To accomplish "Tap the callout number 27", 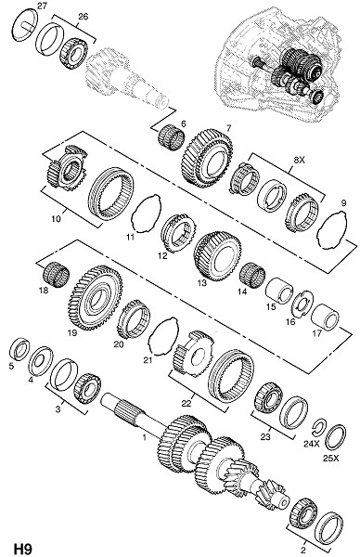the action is pyautogui.click(x=42, y=6).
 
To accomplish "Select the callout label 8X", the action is pyautogui.click(x=299, y=161).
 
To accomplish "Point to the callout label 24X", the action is pyautogui.click(x=312, y=444).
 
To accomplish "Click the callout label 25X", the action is pyautogui.click(x=331, y=459).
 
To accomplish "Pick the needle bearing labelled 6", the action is pyautogui.click(x=171, y=136).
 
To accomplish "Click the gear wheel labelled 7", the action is pyautogui.click(x=207, y=159).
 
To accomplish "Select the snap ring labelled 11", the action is pyautogui.click(x=146, y=214).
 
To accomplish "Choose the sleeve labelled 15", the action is pyautogui.click(x=279, y=291).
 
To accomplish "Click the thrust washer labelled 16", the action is pyautogui.click(x=302, y=304).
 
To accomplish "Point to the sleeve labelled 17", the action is pyautogui.click(x=325, y=317).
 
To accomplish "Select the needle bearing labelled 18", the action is pyautogui.click(x=56, y=274).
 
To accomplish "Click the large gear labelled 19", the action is pyautogui.click(x=96, y=298).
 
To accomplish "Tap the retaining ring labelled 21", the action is pyautogui.click(x=163, y=336).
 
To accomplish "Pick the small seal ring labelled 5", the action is pyautogui.click(x=19, y=349).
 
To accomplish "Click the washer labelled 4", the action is pyautogui.click(x=41, y=361).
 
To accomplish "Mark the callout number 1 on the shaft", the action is pyautogui.click(x=145, y=437).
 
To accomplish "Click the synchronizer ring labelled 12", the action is pyautogui.click(x=178, y=233).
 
